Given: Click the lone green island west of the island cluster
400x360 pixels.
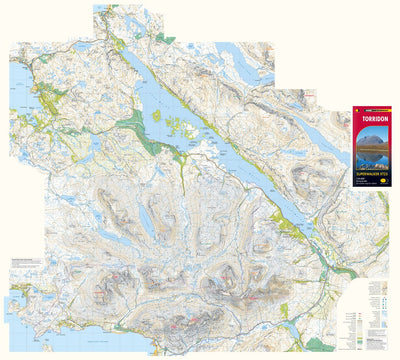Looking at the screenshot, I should pyautogui.click(x=155, y=115).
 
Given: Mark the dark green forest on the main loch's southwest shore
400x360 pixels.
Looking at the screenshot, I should pyautogui.click(x=140, y=130).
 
